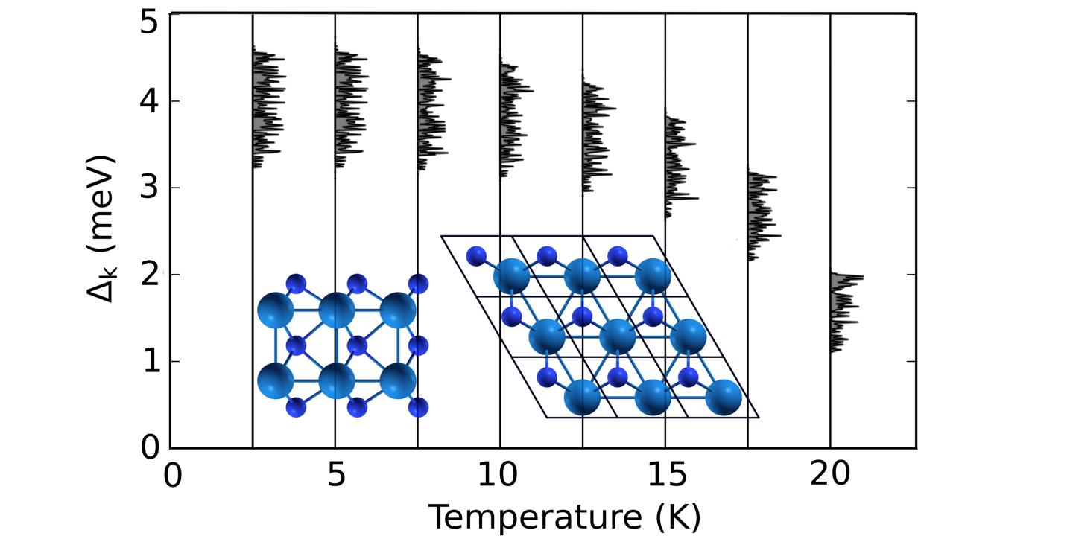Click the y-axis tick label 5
click(x=150, y=21)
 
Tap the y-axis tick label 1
click(x=150, y=362)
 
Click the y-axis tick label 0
click(x=150, y=448)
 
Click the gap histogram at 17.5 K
click(x=760, y=216)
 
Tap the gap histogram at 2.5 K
click(x=266, y=108)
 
